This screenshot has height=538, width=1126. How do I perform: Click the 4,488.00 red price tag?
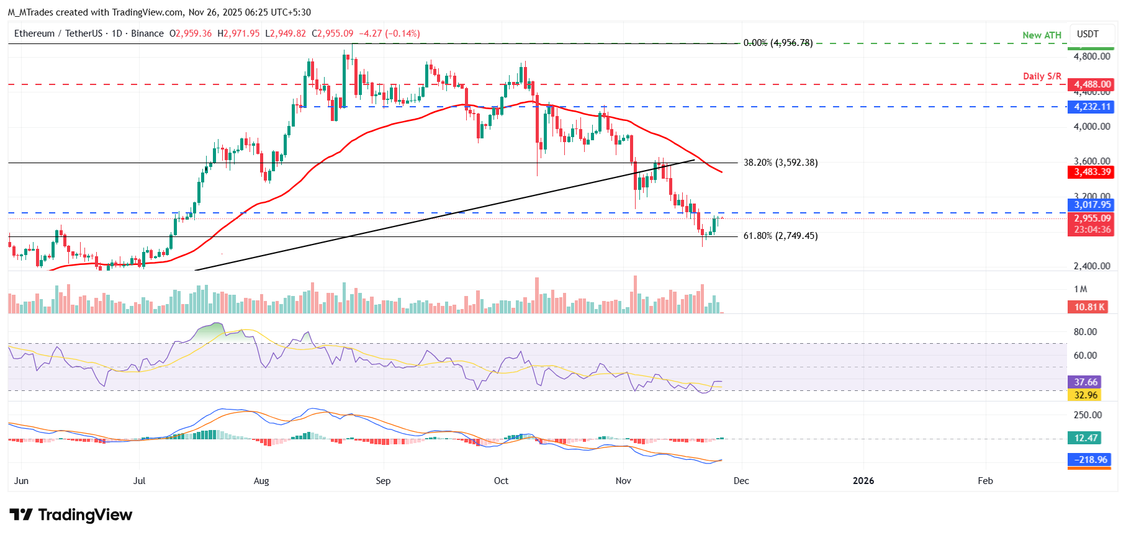point(1092,84)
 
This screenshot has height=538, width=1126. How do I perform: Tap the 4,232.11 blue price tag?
point(1092,107)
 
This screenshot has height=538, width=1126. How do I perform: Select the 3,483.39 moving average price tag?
point(1092,172)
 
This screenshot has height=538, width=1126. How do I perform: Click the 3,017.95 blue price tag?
point(1092,205)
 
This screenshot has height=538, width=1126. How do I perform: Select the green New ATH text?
point(1042,35)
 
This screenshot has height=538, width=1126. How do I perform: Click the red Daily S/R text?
point(1042,76)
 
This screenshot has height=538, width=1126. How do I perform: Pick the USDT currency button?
point(1087,34)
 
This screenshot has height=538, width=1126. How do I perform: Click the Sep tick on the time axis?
point(383,481)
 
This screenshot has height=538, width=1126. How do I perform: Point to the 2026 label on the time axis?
point(863,481)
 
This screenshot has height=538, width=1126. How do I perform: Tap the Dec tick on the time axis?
point(741,481)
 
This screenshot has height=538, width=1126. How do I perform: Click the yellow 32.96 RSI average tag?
point(1086,395)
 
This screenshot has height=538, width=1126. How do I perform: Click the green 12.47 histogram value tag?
point(1085,438)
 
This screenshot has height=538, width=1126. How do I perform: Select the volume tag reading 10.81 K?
point(1089,307)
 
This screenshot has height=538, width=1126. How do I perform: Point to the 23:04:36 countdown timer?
point(1092,230)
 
